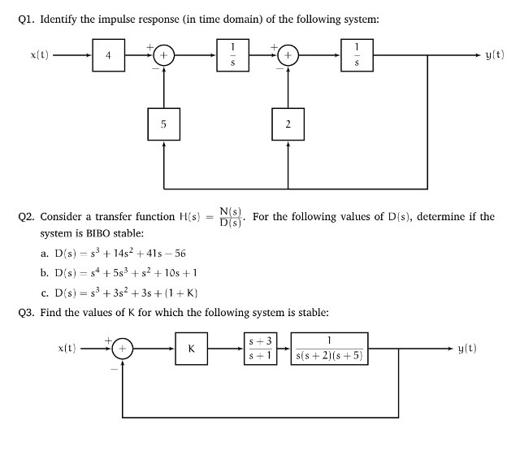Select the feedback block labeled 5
click(x=163, y=124)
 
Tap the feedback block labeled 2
click(x=288, y=124)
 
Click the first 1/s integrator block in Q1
click(x=233, y=55)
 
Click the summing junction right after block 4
click(x=163, y=56)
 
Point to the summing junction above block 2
click(x=288, y=56)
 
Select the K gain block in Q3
click(x=191, y=349)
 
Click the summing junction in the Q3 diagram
click(x=123, y=349)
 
